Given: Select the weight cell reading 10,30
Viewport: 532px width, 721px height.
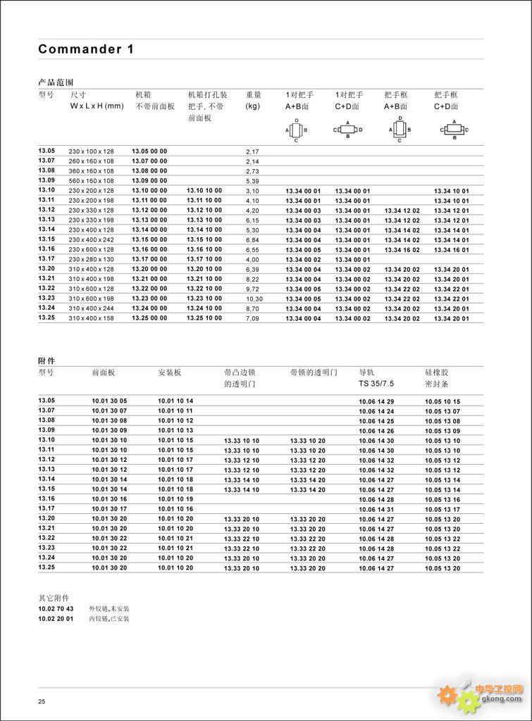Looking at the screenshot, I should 254,299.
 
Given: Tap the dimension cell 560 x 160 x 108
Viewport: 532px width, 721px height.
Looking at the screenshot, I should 91,180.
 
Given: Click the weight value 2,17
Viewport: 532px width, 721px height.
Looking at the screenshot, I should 252,151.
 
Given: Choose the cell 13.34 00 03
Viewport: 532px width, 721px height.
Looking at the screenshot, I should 303,211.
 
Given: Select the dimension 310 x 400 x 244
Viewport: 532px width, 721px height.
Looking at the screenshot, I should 91,308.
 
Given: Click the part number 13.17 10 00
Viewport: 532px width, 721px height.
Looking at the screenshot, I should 204,259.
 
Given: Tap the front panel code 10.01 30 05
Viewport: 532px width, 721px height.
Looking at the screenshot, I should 109,401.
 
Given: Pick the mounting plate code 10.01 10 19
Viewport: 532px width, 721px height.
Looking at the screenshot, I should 175,499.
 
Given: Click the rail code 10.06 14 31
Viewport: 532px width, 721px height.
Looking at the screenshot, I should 376,508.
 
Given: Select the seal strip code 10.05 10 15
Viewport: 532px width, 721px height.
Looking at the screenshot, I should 443,401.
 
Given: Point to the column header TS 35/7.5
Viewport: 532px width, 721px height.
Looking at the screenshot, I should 377,384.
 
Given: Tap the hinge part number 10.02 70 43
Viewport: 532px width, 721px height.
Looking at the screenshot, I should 56,608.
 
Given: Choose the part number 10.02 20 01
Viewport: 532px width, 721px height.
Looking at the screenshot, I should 56,618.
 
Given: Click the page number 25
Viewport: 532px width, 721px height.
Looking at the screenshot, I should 42,701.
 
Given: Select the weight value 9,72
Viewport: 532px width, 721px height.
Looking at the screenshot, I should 252,289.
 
